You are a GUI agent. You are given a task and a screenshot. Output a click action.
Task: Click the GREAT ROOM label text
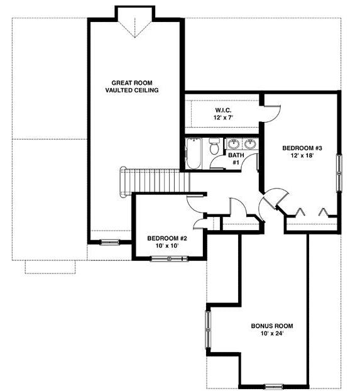[132, 83]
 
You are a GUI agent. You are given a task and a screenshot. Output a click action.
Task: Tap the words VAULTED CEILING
[132, 90]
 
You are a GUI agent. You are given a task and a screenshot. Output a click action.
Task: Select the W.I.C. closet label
[223, 110]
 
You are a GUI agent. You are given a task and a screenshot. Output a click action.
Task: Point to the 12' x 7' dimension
[223, 118]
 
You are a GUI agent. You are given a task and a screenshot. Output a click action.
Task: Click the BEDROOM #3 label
[302, 148]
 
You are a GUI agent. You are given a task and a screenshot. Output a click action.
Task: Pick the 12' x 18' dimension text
[302, 156]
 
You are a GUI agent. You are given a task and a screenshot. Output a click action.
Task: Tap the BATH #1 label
[236, 159]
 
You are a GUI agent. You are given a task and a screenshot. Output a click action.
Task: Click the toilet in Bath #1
[214, 146]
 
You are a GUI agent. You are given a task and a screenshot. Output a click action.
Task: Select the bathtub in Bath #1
[194, 153]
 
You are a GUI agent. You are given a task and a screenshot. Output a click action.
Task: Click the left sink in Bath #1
[234, 144]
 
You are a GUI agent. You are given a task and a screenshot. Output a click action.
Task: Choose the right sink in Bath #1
[250, 144]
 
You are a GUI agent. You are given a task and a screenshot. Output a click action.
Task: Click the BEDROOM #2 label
[167, 238]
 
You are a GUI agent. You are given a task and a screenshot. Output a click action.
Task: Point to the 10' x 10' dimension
[167, 246]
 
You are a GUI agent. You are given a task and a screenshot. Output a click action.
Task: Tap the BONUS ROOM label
[272, 326]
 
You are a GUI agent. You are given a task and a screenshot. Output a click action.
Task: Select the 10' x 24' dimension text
[272, 333]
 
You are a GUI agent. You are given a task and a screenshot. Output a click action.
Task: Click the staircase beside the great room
[155, 181]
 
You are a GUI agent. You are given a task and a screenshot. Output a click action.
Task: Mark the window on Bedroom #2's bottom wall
[169, 259]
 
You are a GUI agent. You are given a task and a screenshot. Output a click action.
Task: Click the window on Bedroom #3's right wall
[339, 173]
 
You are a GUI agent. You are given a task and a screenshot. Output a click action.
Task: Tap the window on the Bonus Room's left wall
[208, 329]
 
